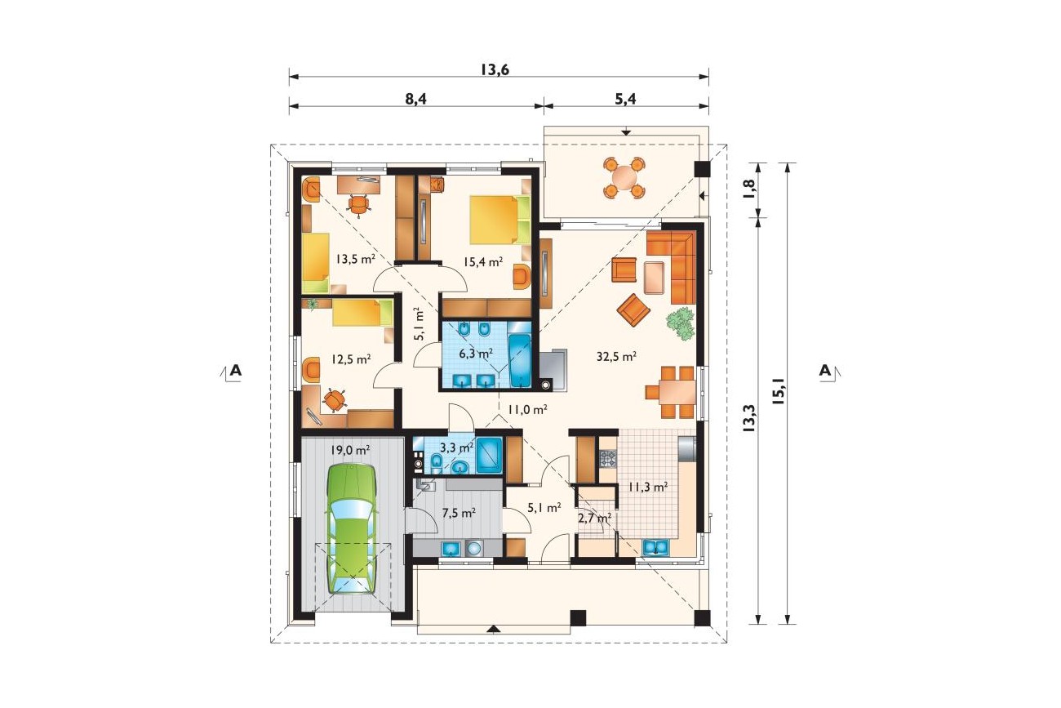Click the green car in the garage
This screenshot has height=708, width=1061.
pos(351,529)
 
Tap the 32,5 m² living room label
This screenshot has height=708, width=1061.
pos(616,356)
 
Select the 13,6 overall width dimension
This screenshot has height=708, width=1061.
pos(495,69)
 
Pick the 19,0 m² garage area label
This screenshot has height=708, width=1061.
pos(350,450)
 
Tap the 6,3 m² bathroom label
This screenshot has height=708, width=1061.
pos(477,353)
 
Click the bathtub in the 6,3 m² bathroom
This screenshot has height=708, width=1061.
pos(520,361)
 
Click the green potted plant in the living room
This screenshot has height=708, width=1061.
pos(681,323)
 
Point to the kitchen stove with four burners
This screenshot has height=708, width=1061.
pos(609,458)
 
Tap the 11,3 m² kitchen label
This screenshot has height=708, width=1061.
pos(648,487)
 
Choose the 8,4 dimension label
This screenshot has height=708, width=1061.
pos(416,99)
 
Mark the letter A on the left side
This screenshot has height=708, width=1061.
pos(235,370)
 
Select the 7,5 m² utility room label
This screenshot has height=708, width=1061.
pos(459,513)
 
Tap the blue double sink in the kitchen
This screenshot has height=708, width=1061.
pos(655,548)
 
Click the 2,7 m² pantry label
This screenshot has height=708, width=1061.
pos(594,518)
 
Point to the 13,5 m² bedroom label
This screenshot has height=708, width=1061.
pos(356,259)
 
